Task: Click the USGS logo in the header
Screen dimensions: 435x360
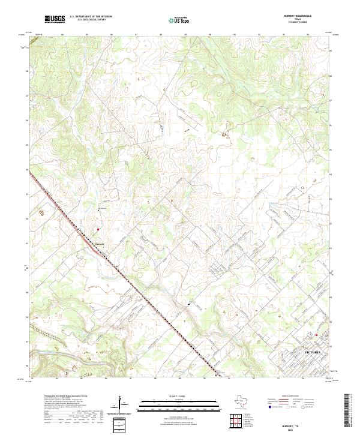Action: pyautogui.click(x=55, y=19)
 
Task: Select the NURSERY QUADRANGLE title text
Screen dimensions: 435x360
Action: pyautogui.click(x=302, y=16)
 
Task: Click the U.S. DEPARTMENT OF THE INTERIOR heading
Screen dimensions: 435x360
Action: pyautogui.click(x=91, y=17)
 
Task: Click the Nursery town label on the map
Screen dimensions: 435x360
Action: pyautogui.click(x=100, y=244)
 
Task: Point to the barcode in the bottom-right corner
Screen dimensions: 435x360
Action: pyautogui.click(x=350, y=413)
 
